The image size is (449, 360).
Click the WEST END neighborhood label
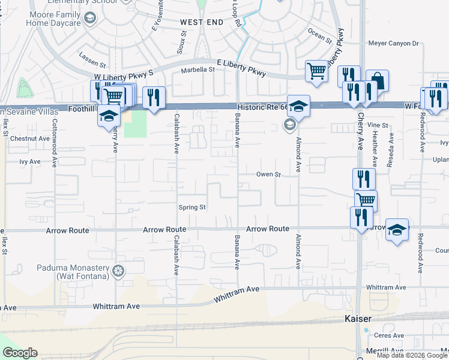tap(202, 22)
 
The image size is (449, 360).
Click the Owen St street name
tap(269, 175)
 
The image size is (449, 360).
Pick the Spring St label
tap(192, 208)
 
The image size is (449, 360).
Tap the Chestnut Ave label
tap(29, 139)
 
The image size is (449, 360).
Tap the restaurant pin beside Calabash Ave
tap(154, 97)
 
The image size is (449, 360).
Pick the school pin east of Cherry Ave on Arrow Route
tap(397, 229)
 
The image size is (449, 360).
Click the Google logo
tap(20, 353)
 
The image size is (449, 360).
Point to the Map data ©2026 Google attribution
tap(412, 355)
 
